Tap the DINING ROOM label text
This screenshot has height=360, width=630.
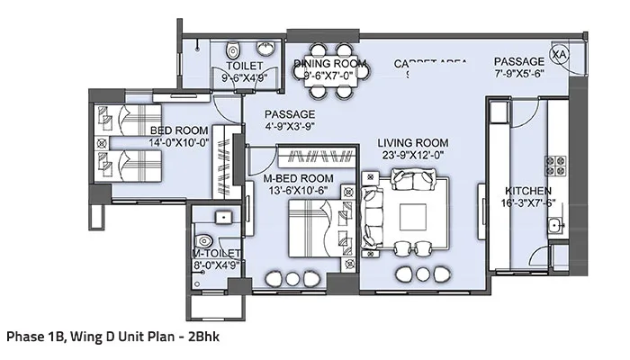click(330, 64)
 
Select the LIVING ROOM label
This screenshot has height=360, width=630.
click(412, 143)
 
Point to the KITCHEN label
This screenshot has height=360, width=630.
click(528, 192)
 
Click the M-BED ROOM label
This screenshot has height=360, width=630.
click(299, 179)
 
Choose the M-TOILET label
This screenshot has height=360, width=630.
click(214, 255)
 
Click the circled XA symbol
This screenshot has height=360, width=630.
click(560, 55)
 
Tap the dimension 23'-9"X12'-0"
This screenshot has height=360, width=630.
click(412, 155)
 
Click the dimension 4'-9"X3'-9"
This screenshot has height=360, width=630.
click(289, 127)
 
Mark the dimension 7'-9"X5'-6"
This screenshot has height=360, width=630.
click(519, 75)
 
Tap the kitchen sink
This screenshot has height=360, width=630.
click(557, 225)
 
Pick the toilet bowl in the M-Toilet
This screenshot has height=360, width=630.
click(206, 240)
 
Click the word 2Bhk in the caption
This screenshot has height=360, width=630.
click(202, 337)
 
